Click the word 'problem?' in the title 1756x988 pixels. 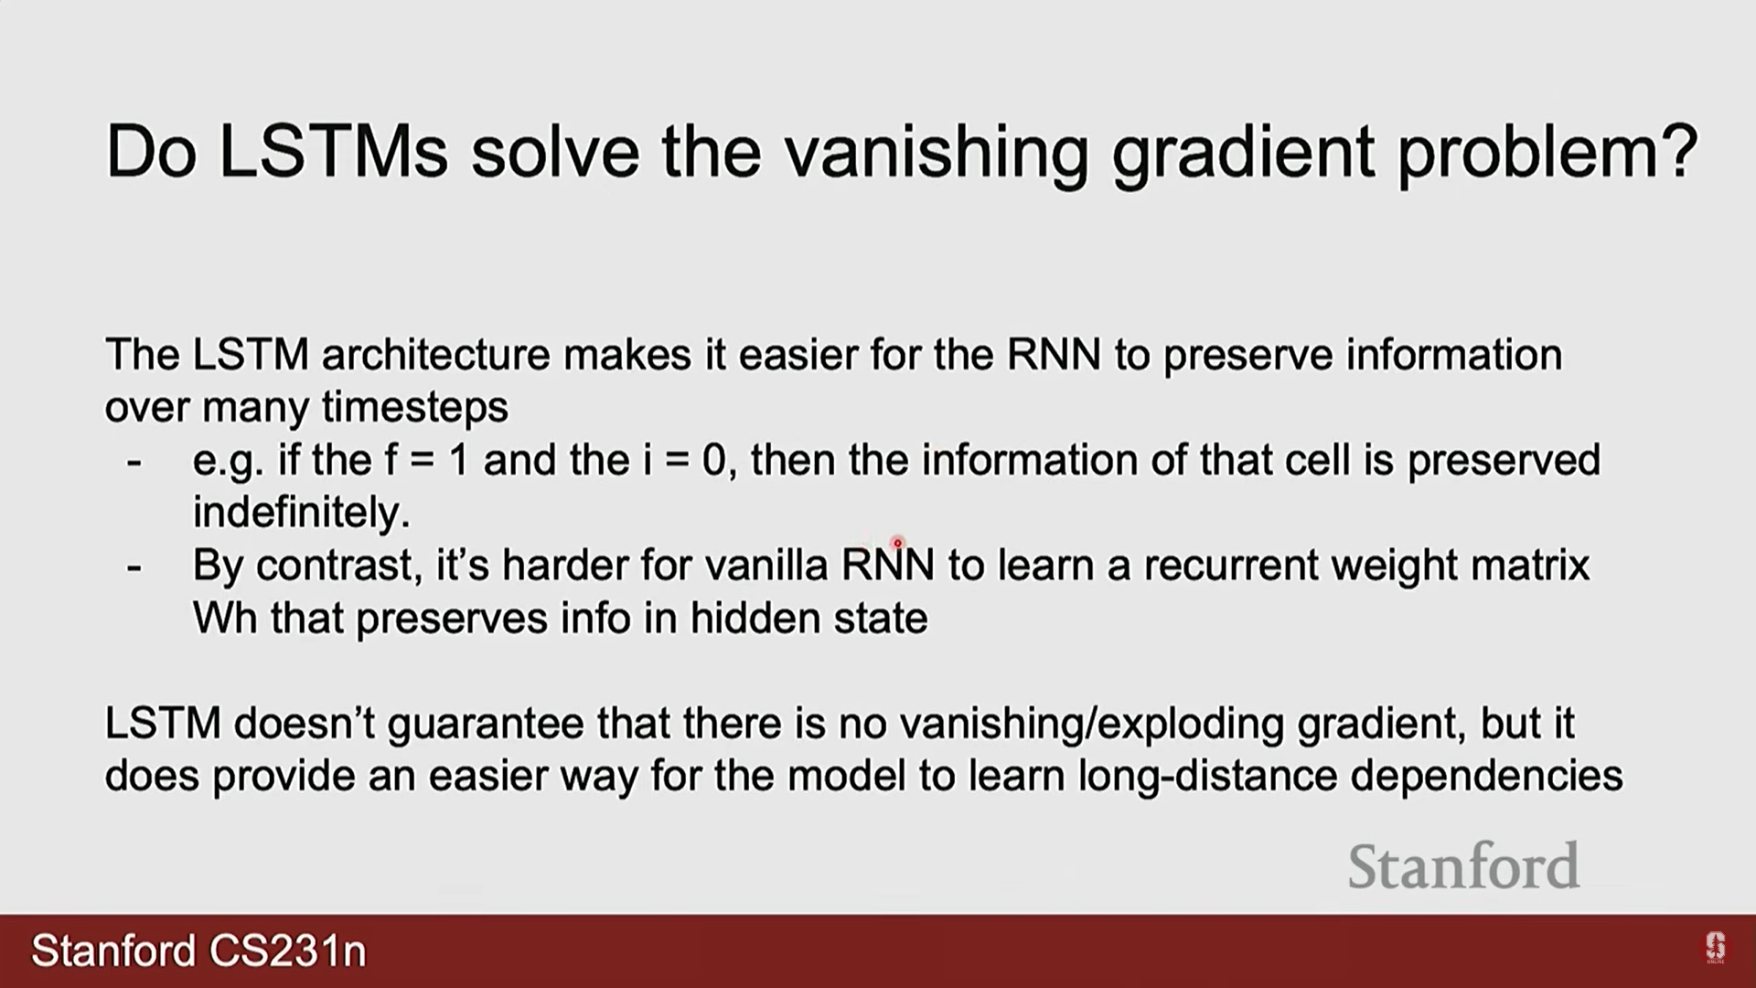click(1547, 154)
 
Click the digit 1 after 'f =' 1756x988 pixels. click(458, 460)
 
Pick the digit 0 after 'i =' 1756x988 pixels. click(713, 460)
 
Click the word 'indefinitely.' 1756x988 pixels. click(302, 512)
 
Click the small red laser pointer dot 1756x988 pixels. click(897, 542)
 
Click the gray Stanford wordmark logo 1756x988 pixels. click(1463, 866)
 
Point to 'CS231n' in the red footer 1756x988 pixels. click(288, 951)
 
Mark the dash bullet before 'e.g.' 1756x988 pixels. click(134, 463)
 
